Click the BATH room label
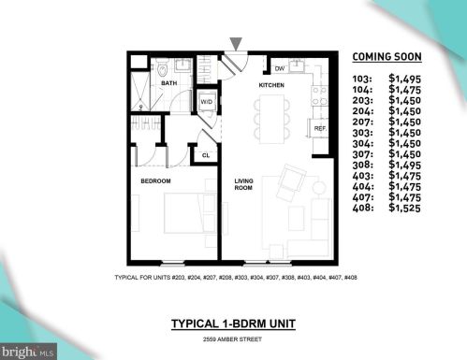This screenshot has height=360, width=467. click(x=168, y=83)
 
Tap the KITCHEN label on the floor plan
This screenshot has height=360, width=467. click(x=271, y=85)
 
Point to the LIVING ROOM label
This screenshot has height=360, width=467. click(x=243, y=184)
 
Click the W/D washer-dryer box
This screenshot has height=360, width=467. click(x=206, y=101)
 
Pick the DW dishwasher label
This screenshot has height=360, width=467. click(x=279, y=67)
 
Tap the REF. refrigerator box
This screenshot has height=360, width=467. click(x=319, y=128)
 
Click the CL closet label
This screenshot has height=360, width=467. click(x=206, y=154)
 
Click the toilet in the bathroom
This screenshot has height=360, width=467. click(x=161, y=68)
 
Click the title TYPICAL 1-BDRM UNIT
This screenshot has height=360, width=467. click(x=232, y=324)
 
